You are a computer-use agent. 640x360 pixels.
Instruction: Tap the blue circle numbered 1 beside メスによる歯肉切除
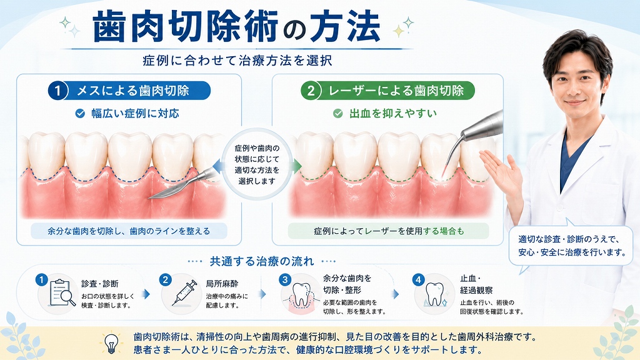[57, 91]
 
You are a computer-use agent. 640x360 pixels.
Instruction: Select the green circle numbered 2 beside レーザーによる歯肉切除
[311, 91]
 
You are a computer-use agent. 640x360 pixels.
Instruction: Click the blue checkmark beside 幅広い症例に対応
[80, 114]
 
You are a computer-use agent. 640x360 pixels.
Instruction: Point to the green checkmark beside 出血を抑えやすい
[338, 114]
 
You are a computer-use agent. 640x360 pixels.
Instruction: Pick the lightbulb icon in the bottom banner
[111, 343]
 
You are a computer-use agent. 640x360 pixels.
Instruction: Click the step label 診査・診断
[99, 284]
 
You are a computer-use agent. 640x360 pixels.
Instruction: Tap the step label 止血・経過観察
[476, 284]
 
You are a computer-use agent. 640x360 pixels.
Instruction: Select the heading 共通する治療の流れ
[262, 261]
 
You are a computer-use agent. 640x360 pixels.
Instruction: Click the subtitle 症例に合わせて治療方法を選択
[237, 61]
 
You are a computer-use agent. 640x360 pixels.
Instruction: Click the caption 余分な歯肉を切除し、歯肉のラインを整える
[129, 231]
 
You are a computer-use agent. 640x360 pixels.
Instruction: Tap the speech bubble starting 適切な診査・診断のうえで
[571, 245]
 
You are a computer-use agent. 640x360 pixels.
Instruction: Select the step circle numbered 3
[285, 280]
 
